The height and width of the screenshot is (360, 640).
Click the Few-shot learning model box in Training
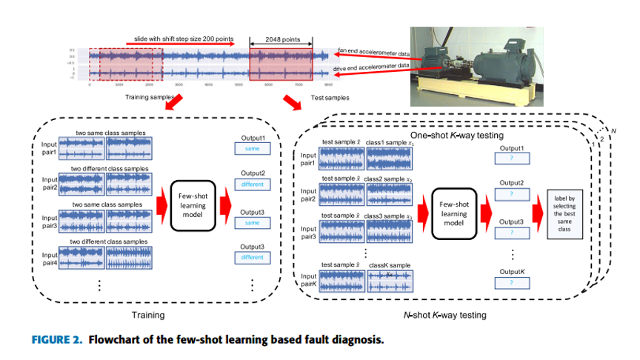coord(192,204)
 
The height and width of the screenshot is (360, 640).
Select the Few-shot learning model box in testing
coord(453,213)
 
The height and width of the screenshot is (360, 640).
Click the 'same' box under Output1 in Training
coord(253,149)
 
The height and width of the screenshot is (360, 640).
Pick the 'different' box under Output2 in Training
coord(253,185)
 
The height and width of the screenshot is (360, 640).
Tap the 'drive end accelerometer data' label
coord(373,66)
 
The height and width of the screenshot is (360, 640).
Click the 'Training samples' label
coord(147,97)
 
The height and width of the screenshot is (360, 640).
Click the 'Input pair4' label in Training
coord(48,258)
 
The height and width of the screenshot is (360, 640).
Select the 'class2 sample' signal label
coord(389,180)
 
